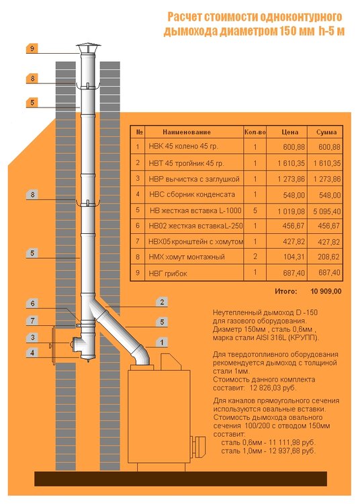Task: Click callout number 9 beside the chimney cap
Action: [32, 48]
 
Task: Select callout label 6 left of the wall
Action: [32, 303]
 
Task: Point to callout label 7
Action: [32, 320]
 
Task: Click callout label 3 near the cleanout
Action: [32, 337]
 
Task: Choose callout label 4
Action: [32, 353]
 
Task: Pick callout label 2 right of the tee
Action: [162, 302]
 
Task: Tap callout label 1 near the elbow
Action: [162, 342]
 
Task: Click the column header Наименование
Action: [187, 132]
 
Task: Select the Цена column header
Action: [289, 132]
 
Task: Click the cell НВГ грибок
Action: [168, 274]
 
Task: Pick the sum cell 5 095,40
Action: [327, 211]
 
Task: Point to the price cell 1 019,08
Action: [291, 211]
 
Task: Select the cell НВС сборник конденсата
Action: [192, 194]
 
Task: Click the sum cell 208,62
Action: [329, 257]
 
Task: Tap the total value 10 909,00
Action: [326, 292]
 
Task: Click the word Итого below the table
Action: [285, 292]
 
